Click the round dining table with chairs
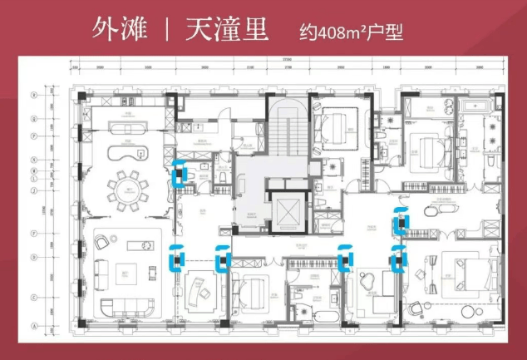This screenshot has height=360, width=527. pos(130,185)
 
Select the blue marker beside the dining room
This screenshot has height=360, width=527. pos(178,172)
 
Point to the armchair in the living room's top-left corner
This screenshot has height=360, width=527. pos(102,241)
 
